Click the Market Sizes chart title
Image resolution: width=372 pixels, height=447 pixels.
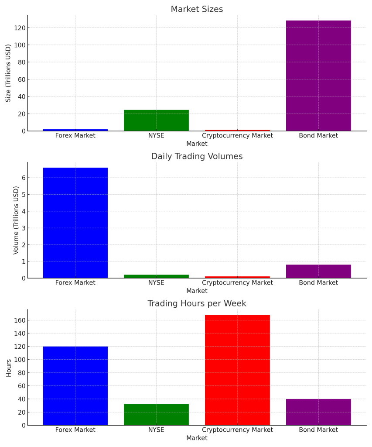click(x=197, y=9)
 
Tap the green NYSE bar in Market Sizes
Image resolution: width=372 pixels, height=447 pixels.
click(x=156, y=120)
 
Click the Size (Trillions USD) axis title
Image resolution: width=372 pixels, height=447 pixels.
click(x=8, y=73)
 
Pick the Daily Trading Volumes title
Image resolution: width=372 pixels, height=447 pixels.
click(x=197, y=156)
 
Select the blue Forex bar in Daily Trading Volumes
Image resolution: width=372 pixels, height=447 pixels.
click(x=75, y=223)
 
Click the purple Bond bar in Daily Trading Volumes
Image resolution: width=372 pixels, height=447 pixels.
click(x=318, y=271)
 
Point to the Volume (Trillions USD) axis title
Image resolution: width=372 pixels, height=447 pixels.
click(x=16, y=220)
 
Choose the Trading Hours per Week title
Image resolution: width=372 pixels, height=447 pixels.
click(x=197, y=303)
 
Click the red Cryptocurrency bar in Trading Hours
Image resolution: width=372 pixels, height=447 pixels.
click(x=237, y=370)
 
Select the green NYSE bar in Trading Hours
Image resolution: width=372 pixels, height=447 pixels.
click(x=156, y=414)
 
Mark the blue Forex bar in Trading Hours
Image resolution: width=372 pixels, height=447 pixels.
click(x=75, y=385)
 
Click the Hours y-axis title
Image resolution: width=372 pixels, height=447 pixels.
click(x=9, y=367)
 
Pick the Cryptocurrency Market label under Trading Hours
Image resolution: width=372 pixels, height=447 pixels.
click(x=237, y=430)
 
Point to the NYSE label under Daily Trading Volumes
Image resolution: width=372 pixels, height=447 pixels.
click(x=156, y=283)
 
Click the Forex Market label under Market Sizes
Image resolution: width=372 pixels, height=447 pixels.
click(x=75, y=136)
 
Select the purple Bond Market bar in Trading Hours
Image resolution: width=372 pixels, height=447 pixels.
click(x=318, y=412)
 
